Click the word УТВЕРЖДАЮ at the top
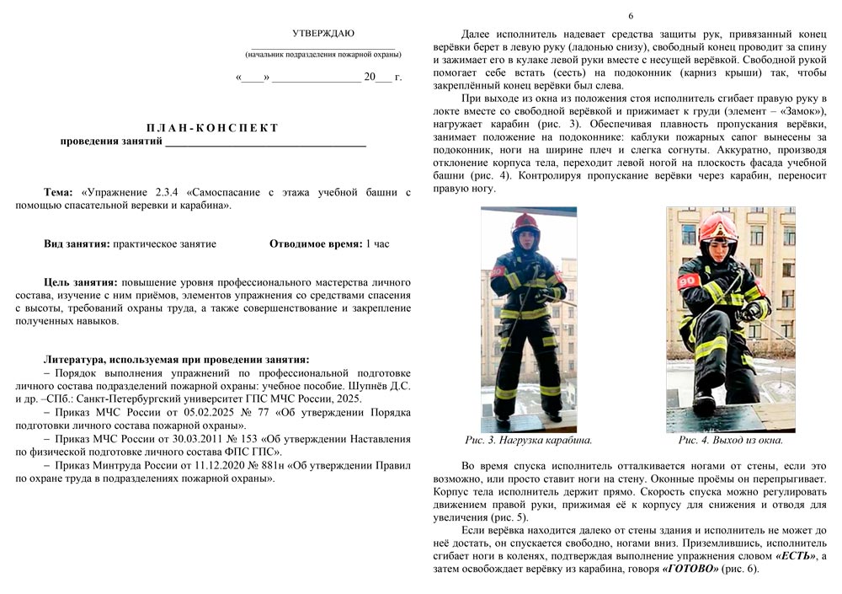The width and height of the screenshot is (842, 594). point(323,34)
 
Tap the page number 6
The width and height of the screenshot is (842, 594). point(630,16)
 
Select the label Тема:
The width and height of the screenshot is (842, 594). point(59,192)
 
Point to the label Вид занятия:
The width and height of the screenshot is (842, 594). point(77,243)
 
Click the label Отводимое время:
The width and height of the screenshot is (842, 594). point(316,243)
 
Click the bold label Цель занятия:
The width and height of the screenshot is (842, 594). point(81,282)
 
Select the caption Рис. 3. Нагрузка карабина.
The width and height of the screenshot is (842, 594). point(529,440)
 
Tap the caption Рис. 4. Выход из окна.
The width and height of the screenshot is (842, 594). point(730,440)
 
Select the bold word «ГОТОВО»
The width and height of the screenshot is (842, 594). point(690,569)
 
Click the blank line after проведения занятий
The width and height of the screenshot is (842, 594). point(265,142)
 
